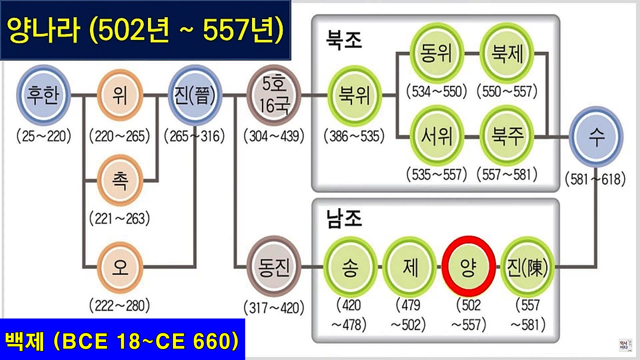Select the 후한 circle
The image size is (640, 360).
pyautogui.click(x=43, y=95)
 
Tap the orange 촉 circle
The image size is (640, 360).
pyautogui.click(x=120, y=180)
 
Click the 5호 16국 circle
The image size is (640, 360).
pyautogui.click(x=274, y=95)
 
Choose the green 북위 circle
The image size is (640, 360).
pyautogui.click(x=354, y=95)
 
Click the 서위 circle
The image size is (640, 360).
pyautogui.click(x=436, y=136)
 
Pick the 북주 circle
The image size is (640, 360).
pyautogui.click(x=507, y=136)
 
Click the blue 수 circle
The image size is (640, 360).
pyautogui.click(x=596, y=136)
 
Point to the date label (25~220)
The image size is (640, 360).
pyautogui.click(x=44, y=136)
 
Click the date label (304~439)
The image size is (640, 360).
pyautogui.click(x=274, y=136)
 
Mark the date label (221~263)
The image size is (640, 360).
pyautogui.click(x=120, y=219)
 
